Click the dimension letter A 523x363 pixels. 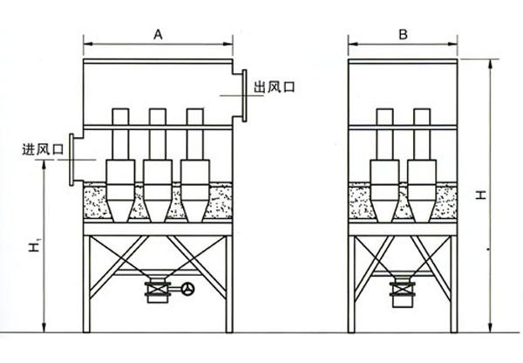(158, 35)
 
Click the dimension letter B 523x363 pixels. (403, 35)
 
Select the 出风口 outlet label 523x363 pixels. (275, 87)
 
